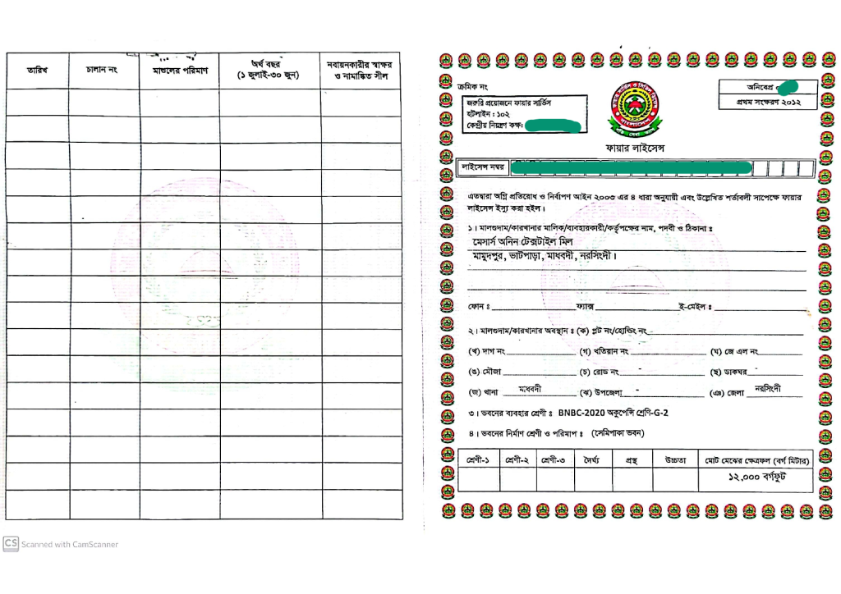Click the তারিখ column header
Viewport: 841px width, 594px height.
38,71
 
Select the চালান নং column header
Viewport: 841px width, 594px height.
102,71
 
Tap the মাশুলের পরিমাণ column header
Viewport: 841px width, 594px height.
180,71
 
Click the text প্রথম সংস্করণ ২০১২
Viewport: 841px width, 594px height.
767,103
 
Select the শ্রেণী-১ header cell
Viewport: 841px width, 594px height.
477,459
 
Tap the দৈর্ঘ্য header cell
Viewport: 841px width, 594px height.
592,459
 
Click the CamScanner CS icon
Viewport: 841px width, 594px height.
11,543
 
